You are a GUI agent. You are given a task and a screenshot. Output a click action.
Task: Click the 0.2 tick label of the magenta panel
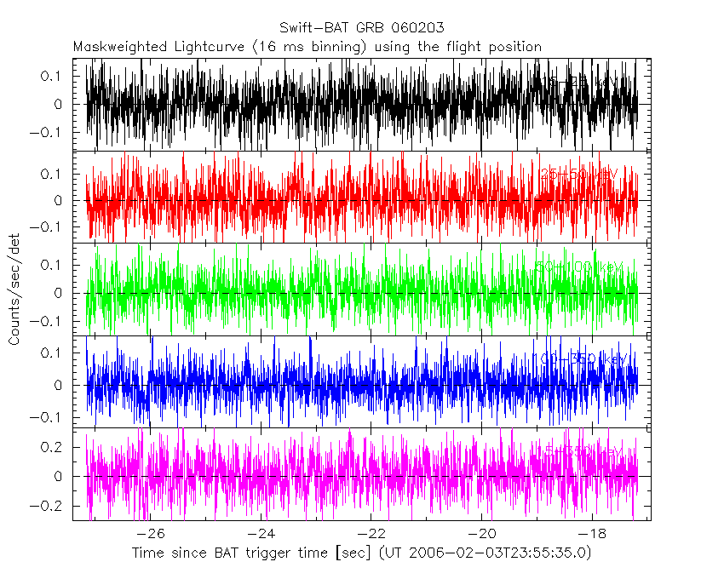(53, 447)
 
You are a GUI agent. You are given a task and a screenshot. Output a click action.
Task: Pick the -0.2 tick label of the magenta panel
(48, 505)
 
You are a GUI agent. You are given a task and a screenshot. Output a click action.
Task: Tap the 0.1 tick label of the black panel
(53, 77)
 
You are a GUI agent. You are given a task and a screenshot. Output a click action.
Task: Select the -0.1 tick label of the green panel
(48, 322)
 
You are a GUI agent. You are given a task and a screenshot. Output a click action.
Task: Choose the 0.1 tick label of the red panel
(53, 175)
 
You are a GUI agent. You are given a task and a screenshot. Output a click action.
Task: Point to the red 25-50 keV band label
(579, 174)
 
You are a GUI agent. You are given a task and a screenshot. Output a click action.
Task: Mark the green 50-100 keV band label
(579, 267)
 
